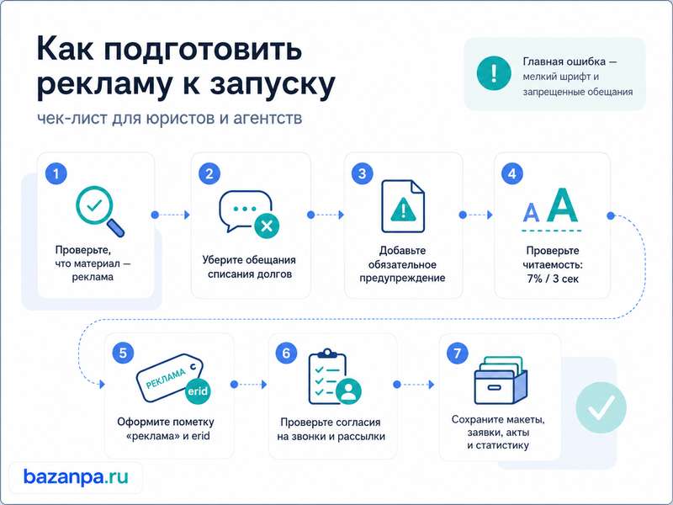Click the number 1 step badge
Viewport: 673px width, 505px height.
coord(56,174)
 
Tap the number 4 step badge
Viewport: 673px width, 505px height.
coord(512,174)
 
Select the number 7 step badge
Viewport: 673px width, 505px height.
coord(457,353)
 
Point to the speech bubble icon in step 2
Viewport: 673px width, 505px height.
coord(246,210)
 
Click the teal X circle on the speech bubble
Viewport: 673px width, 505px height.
coord(267,226)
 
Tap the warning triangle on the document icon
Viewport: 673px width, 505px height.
coord(403,210)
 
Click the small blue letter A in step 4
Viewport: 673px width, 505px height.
coord(531,212)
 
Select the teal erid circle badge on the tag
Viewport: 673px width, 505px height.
coord(198,391)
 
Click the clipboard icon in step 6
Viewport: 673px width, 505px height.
coord(327,376)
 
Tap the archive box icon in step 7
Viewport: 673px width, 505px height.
coord(501,380)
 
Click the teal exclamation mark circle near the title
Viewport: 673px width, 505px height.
coord(494,73)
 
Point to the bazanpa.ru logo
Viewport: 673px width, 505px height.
coord(76,477)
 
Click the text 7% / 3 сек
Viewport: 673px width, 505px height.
coord(553,279)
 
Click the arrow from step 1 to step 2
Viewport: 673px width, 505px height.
coord(171,215)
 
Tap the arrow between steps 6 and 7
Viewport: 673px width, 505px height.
coord(414,385)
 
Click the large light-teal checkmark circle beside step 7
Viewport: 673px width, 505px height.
coord(601,407)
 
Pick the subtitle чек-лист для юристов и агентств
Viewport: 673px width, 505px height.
coord(170,118)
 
